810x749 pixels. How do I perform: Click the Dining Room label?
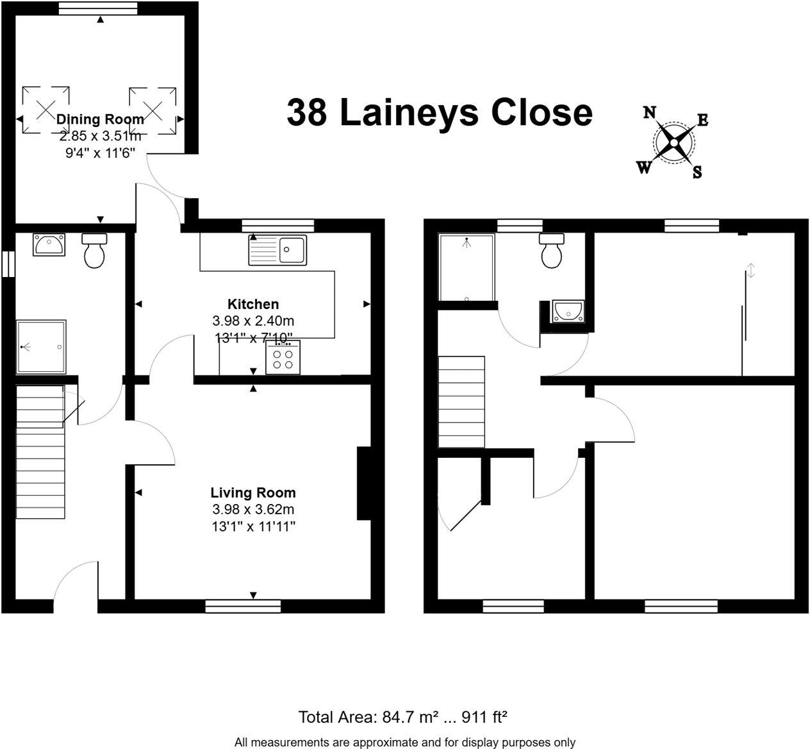click(x=100, y=119)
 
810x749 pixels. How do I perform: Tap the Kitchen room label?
click(x=253, y=304)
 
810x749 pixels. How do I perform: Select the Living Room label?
click(x=253, y=492)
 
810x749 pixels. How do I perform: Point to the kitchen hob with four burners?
click(x=283, y=358)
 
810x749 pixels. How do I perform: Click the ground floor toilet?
click(x=94, y=251)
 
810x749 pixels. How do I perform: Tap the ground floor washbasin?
click(x=49, y=244)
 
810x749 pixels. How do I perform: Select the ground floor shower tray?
click(x=41, y=347)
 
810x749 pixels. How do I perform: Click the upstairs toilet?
click(x=551, y=250)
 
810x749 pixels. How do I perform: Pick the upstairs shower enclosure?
click(x=467, y=267)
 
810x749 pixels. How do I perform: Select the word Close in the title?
click(x=541, y=113)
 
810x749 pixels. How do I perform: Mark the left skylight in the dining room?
click(x=45, y=110)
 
